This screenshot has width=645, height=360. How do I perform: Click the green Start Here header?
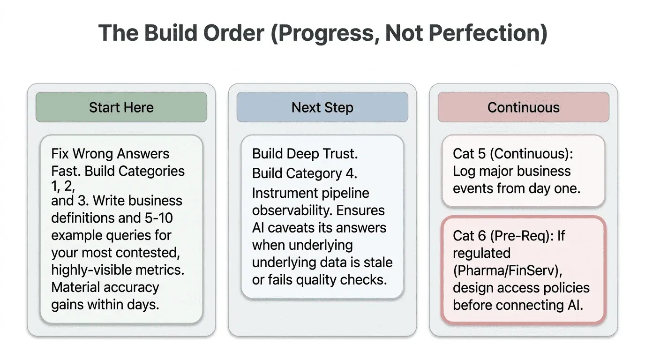tap(121, 107)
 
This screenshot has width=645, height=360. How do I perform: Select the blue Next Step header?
tap(322, 107)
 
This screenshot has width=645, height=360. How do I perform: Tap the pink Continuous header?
tap(523, 107)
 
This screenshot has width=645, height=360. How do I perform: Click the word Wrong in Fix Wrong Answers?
tap(97, 154)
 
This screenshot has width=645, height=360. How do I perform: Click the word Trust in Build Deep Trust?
tap(338, 154)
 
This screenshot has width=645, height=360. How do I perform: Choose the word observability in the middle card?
tap(285, 210)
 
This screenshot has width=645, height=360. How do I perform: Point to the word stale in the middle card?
tap(379, 262)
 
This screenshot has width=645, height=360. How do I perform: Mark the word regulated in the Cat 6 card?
tap(481, 253)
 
